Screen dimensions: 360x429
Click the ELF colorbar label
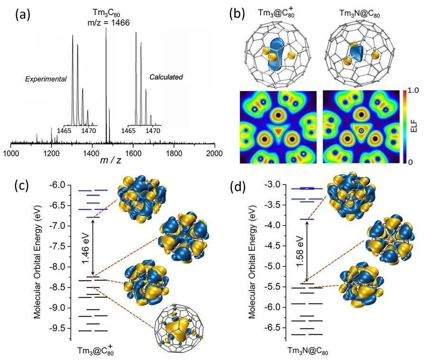click(x=414, y=125)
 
